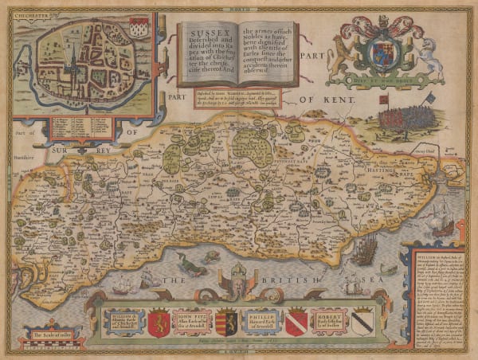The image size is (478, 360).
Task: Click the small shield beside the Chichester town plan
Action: point(138,25)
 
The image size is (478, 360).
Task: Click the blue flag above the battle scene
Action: point(429,99)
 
